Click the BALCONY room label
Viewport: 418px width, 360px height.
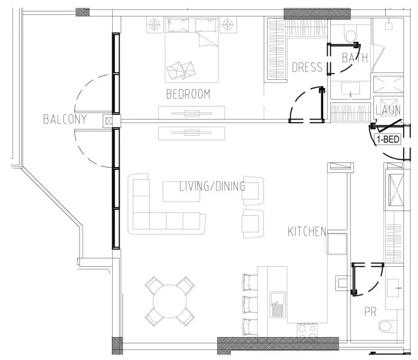tap(65, 119)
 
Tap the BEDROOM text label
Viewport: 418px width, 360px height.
tap(188, 94)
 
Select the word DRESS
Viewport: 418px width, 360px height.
tap(307, 67)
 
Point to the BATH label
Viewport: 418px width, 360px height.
tap(355, 58)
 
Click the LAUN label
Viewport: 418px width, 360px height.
tap(388, 110)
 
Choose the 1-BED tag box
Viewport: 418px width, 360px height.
tap(388, 139)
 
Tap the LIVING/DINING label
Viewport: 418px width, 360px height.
tap(212, 186)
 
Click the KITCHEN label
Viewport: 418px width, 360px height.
tap(307, 231)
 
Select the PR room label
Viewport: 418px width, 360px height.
tap(371, 311)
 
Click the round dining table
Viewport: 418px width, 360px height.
tap(169, 301)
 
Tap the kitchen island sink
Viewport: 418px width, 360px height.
tap(278, 305)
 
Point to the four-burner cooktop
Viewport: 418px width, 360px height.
tap(307, 330)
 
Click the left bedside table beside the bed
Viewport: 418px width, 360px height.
tap(155, 25)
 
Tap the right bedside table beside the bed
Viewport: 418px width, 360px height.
tap(227, 25)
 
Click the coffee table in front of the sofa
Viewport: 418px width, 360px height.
tap(181, 191)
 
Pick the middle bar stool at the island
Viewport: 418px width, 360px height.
tap(250, 304)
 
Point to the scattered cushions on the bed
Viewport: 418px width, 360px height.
tap(180, 70)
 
